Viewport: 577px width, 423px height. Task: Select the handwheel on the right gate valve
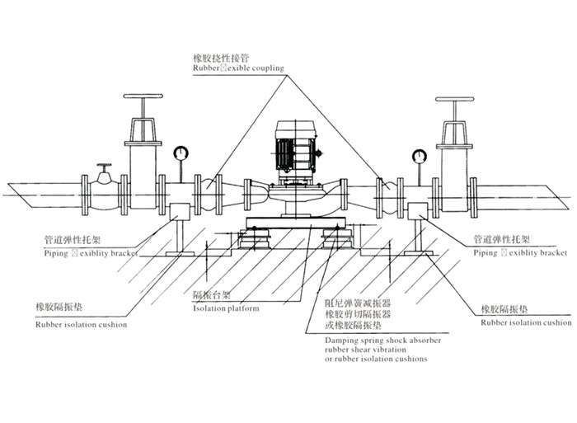[x=455, y=103]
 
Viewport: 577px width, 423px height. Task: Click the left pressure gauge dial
[x=179, y=153]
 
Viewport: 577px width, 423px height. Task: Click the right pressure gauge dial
[x=420, y=154]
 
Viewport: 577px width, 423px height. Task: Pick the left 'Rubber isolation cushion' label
[x=81, y=325]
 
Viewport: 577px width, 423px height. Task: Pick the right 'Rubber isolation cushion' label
[x=525, y=323]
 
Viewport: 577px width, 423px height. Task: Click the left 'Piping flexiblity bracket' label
[x=86, y=254]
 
